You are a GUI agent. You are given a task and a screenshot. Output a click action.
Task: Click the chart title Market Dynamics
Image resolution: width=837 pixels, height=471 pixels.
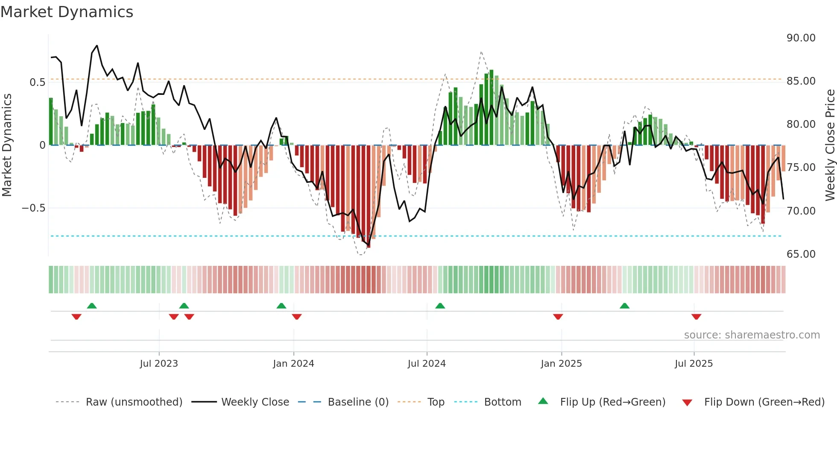(67, 12)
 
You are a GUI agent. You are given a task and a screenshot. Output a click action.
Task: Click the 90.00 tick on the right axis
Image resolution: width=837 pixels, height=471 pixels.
(801, 38)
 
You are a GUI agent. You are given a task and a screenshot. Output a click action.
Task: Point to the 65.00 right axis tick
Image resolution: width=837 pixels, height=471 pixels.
(801, 254)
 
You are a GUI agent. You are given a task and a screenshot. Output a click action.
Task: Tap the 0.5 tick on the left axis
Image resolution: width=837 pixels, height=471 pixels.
(37, 82)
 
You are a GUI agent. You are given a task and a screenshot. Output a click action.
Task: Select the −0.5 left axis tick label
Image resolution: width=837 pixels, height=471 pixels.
(33, 208)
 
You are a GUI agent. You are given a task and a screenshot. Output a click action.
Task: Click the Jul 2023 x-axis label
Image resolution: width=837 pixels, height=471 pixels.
(159, 364)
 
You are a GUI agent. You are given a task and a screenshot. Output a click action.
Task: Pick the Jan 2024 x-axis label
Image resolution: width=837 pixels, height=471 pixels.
(293, 364)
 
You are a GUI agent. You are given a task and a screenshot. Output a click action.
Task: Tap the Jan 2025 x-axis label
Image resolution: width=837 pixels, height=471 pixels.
(561, 364)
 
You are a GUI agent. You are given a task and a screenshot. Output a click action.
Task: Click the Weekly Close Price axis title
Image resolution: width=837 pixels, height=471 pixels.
(830, 145)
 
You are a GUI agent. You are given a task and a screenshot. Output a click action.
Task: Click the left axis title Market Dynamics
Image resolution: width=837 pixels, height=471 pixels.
(7, 145)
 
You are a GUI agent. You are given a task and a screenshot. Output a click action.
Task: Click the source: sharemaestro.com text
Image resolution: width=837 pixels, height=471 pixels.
(752, 335)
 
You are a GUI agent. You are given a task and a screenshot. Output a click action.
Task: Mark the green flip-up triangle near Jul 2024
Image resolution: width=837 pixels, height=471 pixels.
(440, 306)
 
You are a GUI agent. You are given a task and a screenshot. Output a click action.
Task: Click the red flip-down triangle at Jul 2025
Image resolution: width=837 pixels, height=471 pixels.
(696, 317)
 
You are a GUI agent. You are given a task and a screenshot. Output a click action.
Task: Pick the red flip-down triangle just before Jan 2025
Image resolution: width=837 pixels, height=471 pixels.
(558, 317)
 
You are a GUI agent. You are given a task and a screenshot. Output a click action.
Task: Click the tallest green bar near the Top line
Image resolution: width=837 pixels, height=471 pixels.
(491, 107)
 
